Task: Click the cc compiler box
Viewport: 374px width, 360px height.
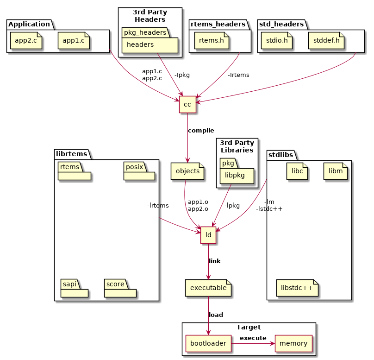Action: [x=187, y=105]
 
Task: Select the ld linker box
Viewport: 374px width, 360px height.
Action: [x=208, y=235]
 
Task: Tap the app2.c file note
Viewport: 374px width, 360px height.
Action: [x=26, y=41]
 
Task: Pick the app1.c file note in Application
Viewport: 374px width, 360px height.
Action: [x=73, y=41]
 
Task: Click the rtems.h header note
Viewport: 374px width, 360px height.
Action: [x=211, y=41]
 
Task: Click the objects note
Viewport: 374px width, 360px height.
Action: [x=187, y=171]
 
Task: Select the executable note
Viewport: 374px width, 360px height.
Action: [x=208, y=288]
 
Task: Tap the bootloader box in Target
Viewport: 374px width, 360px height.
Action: [x=208, y=343]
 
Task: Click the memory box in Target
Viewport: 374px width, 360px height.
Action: [x=293, y=343]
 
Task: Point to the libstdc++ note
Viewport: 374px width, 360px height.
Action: [x=297, y=288]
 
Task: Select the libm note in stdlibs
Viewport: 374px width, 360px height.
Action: [x=335, y=171]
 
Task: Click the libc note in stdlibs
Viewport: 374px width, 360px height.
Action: [x=297, y=171]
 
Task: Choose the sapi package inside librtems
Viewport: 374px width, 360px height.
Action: [x=74, y=288]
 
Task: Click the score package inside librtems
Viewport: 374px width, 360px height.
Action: [x=120, y=288]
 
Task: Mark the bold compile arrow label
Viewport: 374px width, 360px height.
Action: [x=201, y=131]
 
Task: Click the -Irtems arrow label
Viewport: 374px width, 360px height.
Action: [x=238, y=75]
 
